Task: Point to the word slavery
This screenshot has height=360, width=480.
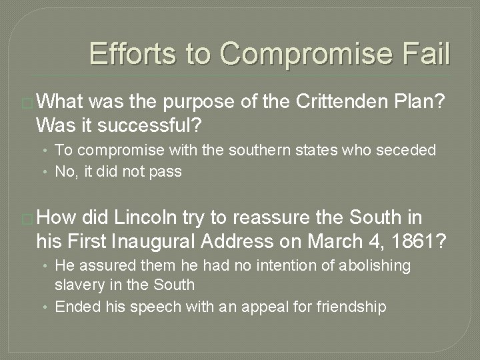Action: click(x=78, y=285)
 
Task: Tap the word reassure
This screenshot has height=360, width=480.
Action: click(x=239, y=217)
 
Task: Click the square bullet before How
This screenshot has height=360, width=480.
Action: click(x=27, y=218)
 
